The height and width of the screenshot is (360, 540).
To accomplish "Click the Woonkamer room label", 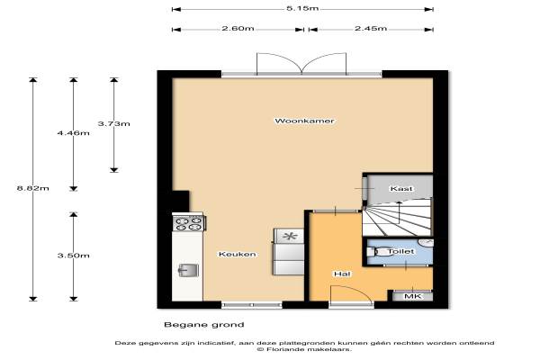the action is [304, 121].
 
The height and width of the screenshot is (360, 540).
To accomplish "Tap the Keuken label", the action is [238, 254].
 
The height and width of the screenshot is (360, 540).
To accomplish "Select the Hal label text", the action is [342, 274].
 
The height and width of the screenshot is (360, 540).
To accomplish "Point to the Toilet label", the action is [400, 251].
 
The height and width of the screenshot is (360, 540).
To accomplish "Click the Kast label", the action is [401, 188].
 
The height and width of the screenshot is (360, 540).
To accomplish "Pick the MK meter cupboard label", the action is [412, 296].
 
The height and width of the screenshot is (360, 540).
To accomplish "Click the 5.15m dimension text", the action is [302, 8].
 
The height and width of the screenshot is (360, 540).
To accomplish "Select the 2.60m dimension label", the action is [238, 28].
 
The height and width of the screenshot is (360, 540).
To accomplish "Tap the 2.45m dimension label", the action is [371, 28].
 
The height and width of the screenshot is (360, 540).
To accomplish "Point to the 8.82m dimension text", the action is [32, 188].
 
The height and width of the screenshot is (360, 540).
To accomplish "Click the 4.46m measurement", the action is [74, 133].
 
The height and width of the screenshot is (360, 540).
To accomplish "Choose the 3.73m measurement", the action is [114, 123].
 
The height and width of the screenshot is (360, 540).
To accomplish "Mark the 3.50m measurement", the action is [74, 256].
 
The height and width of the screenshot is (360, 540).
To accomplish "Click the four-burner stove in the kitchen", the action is [189, 223].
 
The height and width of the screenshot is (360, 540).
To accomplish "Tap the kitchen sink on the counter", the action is [188, 270].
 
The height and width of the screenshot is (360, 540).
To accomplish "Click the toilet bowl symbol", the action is [375, 252].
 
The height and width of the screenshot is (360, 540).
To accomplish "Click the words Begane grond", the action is [204, 325].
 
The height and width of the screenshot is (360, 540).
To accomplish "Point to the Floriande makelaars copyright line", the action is [304, 349].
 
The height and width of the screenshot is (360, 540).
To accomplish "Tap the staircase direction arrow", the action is [400, 212].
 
